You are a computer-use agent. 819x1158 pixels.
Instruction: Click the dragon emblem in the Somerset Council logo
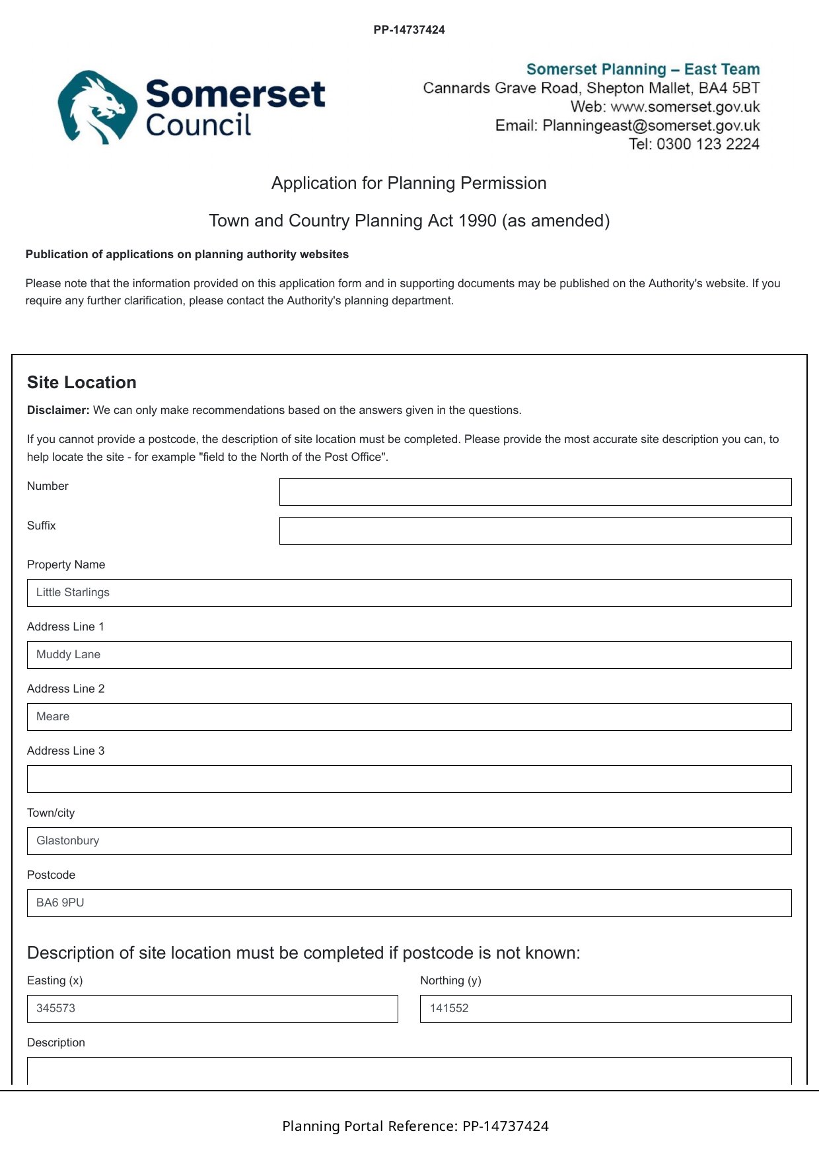(x=94, y=107)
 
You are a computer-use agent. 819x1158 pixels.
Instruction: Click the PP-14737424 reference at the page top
(x=409, y=30)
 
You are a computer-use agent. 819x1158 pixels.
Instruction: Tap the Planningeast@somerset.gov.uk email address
(x=651, y=125)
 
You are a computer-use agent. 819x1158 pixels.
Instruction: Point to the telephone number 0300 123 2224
(x=707, y=144)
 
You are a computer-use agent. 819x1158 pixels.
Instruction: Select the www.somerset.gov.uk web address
(x=685, y=107)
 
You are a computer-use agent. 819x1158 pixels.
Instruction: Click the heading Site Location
(x=82, y=382)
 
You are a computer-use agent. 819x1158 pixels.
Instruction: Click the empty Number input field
(x=535, y=492)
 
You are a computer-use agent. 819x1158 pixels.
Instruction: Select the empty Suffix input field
(x=535, y=531)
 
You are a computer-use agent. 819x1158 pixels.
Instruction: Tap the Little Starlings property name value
(x=73, y=593)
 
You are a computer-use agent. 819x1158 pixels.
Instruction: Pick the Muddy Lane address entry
(x=68, y=655)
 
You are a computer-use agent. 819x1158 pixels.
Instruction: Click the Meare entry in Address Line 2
(x=53, y=717)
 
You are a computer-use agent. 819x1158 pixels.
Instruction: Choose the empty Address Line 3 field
(x=409, y=779)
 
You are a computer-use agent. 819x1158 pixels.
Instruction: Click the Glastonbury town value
(x=67, y=841)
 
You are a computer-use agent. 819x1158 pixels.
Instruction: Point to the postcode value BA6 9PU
(x=60, y=903)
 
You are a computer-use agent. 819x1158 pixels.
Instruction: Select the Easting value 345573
(x=55, y=1009)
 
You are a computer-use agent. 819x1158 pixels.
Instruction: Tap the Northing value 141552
(x=449, y=1009)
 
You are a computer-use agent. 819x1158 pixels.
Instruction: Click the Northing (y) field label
(x=450, y=980)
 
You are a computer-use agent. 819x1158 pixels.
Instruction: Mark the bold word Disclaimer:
(x=58, y=410)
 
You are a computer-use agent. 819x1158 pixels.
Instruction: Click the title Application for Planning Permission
(x=409, y=183)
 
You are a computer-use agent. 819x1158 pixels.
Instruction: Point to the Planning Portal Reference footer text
(x=415, y=1126)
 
